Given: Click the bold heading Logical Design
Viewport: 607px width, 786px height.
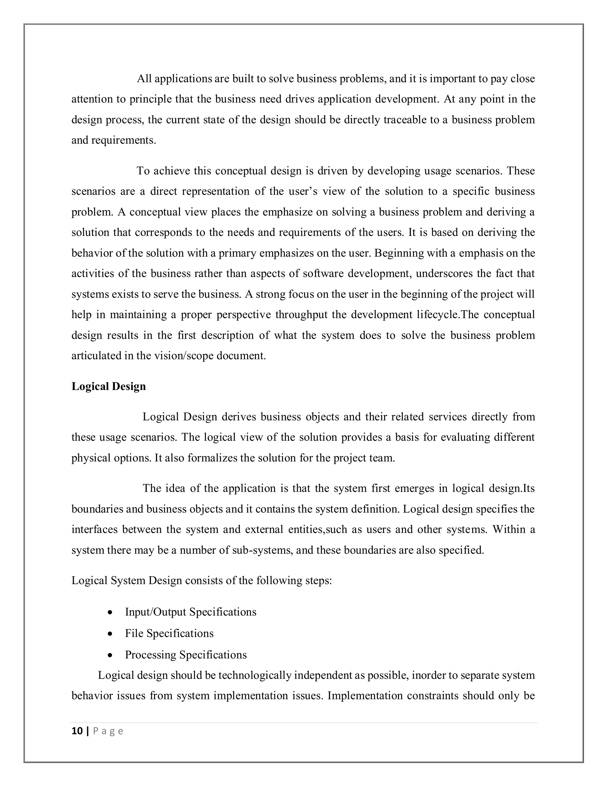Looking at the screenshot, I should tap(108, 386).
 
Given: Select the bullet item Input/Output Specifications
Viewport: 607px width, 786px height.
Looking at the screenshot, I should tap(191, 612).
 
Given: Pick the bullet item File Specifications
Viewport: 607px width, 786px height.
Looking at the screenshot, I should tap(169, 633).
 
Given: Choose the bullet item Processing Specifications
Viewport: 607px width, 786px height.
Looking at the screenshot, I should tap(186, 654).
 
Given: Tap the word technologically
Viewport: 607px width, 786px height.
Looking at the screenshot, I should tap(255, 675).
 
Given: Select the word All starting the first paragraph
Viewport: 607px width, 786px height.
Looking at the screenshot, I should tap(144, 79).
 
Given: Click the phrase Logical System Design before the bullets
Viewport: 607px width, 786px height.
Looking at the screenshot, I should tap(127, 580).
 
